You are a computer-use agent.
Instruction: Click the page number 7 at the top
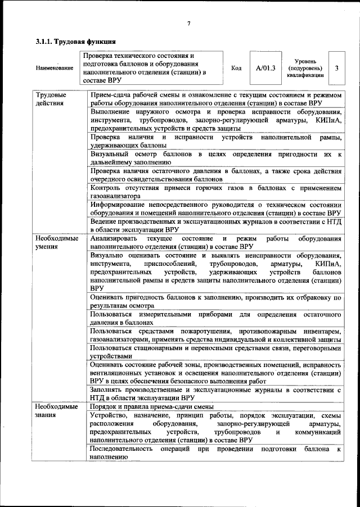188,23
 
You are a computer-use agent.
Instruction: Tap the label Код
236,68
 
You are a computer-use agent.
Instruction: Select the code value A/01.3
265,68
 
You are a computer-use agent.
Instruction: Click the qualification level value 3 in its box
336,68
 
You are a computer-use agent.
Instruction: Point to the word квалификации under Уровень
305,75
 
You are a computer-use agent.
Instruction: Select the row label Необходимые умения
57,242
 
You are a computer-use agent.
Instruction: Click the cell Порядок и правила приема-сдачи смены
151,406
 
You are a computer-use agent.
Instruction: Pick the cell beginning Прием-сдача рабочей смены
215,99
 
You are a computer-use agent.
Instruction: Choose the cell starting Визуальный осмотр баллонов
215,157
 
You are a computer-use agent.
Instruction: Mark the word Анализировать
114,238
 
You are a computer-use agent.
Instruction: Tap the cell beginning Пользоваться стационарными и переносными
215,352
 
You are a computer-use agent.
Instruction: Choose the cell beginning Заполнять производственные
215,393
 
